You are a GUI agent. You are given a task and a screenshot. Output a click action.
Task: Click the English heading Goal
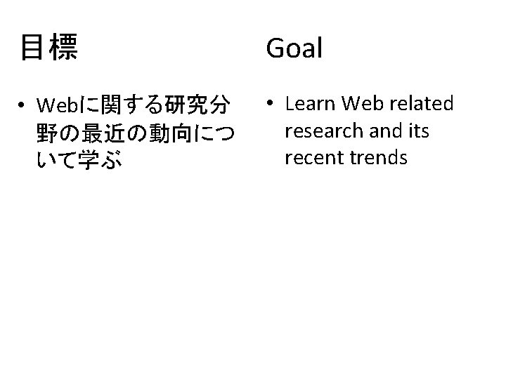point(294,48)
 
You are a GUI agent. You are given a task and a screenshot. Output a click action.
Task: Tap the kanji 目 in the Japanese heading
point(32,48)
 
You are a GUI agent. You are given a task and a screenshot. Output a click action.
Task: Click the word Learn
point(310,104)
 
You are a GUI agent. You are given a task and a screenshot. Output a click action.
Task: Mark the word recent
point(311,157)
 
